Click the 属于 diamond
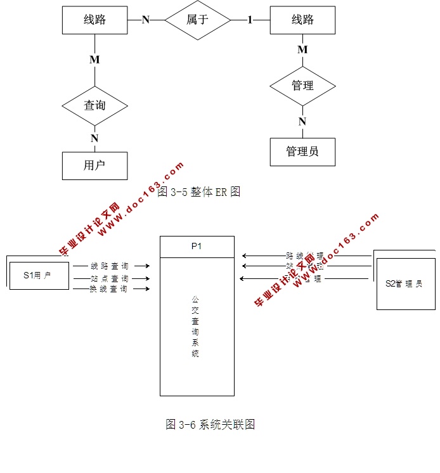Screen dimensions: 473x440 click(x=197, y=20)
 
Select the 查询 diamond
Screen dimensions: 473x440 click(x=94, y=105)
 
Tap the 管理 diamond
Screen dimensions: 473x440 click(x=302, y=85)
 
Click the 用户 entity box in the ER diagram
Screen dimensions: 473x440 click(x=94, y=165)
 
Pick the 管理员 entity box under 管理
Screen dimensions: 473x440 click(x=302, y=152)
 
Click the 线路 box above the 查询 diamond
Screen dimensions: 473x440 click(x=94, y=20)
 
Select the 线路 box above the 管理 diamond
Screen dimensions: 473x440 click(x=302, y=20)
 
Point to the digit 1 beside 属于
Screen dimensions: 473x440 click(x=250, y=20)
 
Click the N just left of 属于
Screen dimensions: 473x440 click(x=145, y=20)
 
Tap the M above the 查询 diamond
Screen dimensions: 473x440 click(x=94, y=60)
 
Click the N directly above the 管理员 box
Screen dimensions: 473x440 click(x=302, y=122)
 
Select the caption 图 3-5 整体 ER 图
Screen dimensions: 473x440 click(x=198, y=191)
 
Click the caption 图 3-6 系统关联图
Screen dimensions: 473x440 click(x=210, y=424)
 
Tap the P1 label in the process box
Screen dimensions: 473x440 click(x=197, y=247)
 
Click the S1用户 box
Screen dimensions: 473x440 click(x=39, y=275)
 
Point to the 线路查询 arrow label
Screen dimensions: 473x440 click(x=110, y=266)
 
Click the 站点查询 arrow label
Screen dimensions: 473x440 click(x=110, y=278)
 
